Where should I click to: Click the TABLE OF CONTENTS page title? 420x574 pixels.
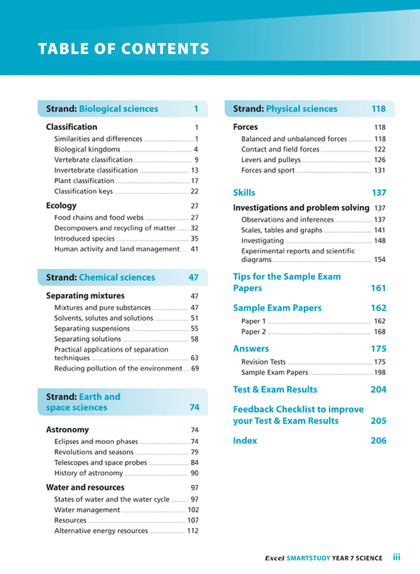click(x=123, y=49)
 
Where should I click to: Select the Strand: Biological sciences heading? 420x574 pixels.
click(x=102, y=109)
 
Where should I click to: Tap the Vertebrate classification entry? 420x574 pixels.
click(x=93, y=159)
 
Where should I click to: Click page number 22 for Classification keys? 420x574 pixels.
click(x=194, y=192)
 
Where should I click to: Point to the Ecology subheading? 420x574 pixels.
click(x=61, y=205)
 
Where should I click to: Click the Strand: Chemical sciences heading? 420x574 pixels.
click(x=100, y=277)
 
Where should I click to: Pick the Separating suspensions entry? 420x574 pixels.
click(x=92, y=329)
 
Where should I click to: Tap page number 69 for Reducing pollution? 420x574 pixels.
click(x=194, y=369)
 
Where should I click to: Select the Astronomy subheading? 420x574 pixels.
click(x=67, y=430)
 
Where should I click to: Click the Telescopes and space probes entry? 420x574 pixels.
click(x=100, y=462)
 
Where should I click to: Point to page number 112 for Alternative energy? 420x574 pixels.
click(x=192, y=531)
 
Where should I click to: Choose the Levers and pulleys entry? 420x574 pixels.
click(x=270, y=159)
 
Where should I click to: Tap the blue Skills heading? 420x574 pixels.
click(x=244, y=193)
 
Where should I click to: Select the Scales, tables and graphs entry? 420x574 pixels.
click(x=282, y=230)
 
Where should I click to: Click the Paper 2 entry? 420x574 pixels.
click(x=253, y=332)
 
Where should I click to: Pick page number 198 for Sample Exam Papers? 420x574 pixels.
click(x=379, y=373)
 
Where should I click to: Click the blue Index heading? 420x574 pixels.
click(x=245, y=441)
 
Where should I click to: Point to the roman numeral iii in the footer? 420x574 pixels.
click(x=396, y=557)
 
